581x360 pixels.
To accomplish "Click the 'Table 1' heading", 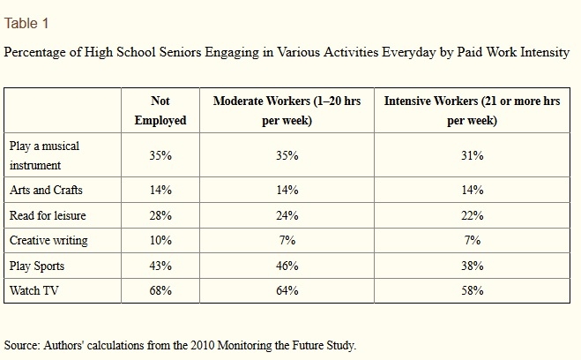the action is point(26,23).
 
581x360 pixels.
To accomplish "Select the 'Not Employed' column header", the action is point(160,110).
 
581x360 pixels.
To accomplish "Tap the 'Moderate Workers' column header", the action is point(287,110).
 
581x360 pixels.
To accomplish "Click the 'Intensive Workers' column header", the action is point(472,110).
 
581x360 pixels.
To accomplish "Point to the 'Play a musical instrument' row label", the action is point(44,155).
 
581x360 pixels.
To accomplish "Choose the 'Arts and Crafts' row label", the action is point(46,190).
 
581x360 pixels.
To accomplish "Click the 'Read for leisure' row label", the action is point(48,215).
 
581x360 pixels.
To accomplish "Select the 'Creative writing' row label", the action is point(48,241).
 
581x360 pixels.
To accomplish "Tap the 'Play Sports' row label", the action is point(37,266).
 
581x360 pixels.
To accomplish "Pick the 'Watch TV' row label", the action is point(34,290).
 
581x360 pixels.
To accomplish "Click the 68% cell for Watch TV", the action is point(160,290).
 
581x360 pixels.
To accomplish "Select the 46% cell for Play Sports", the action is point(287,266).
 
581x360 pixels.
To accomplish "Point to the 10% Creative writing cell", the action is point(160,241).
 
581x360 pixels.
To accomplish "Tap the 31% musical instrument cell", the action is point(472,155).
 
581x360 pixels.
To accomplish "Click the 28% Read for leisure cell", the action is point(160,215).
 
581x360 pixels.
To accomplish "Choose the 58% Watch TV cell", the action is point(472,290).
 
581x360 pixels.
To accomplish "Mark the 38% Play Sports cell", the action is point(472,266).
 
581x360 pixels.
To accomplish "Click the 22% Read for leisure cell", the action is point(472,215).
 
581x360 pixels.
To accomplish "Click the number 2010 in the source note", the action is point(203,345).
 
